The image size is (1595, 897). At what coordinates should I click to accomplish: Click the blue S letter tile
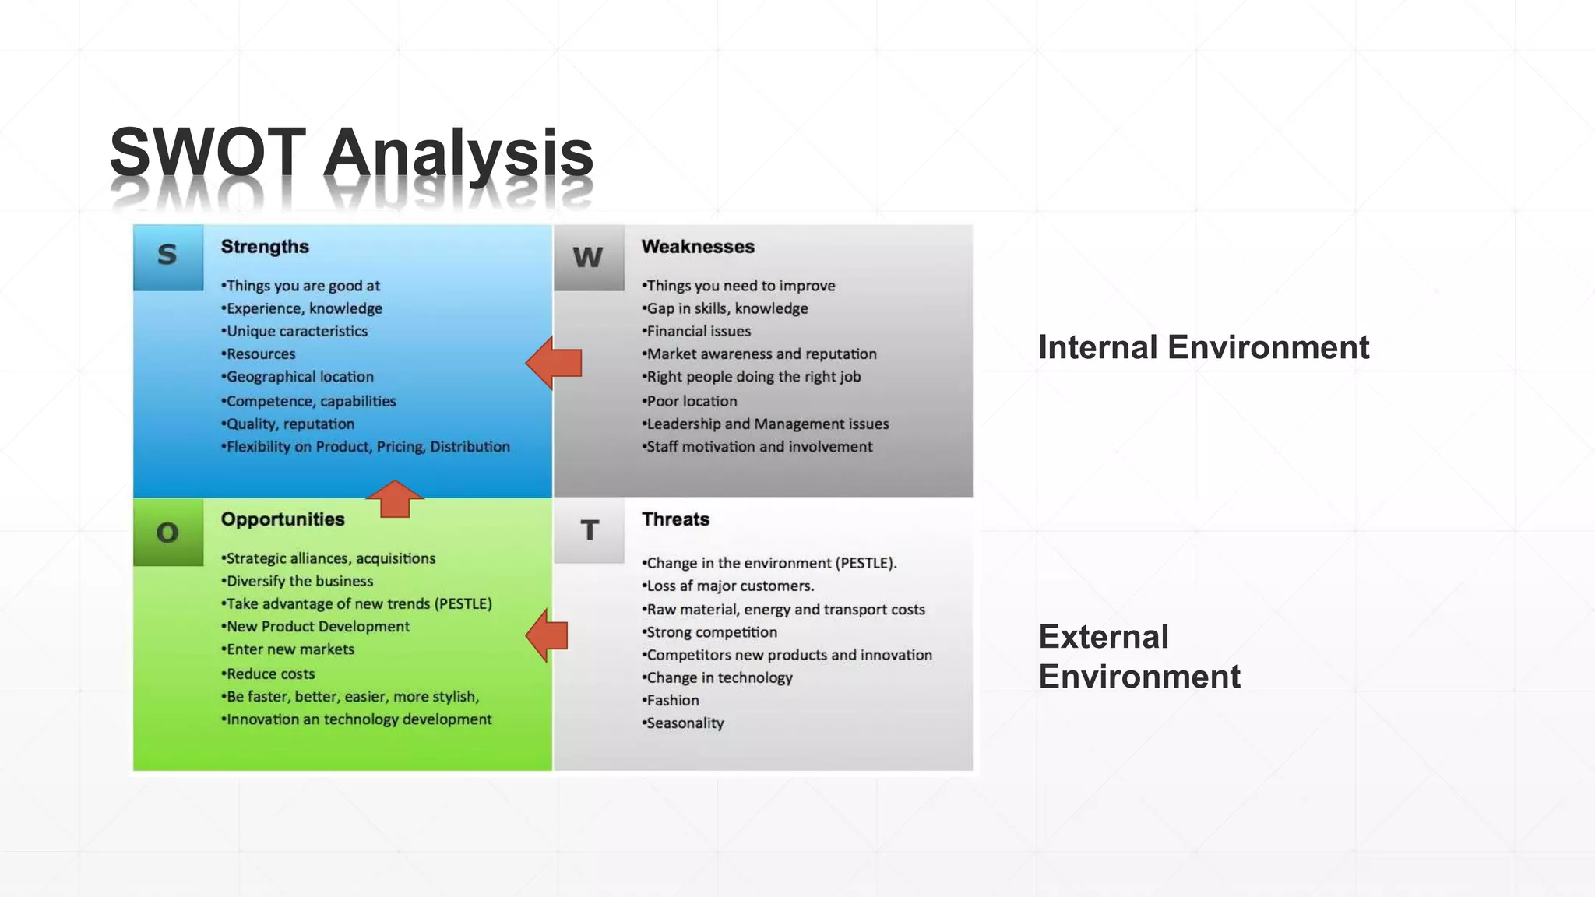tap(168, 257)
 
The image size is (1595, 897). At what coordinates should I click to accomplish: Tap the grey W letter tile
tap(589, 257)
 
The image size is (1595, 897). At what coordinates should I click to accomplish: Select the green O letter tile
tap(168, 533)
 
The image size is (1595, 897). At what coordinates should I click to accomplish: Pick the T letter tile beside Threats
tap(589, 530)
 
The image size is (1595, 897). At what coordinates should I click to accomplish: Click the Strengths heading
tap(265, 247)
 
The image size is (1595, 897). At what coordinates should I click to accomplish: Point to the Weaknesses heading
tap(698, 247)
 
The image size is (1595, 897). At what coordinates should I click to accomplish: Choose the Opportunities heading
tap(283, 519)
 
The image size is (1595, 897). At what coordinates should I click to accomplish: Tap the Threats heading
tap(675, 519)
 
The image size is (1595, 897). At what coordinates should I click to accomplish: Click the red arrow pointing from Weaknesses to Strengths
tap(554, 363)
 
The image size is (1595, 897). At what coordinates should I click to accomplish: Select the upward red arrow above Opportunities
tap(395, 498)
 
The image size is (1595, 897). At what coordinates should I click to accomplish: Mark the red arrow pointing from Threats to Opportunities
tap(547, 635)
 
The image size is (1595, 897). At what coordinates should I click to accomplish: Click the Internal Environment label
tap(1203, 347)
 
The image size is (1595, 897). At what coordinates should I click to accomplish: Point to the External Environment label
tap(1139, 656)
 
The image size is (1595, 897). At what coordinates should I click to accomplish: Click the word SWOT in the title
tap(207, 152)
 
